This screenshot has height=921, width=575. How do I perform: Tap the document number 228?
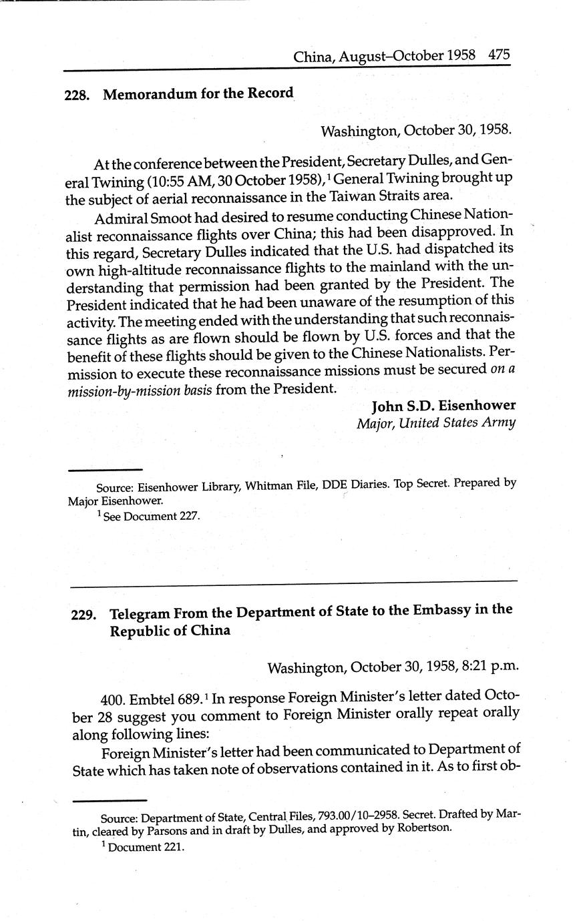(77, 95)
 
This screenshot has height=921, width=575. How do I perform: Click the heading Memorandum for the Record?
(198, 93)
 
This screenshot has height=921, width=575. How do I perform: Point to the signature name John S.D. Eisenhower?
(443, 406)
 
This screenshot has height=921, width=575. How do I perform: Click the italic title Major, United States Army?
(435, 422)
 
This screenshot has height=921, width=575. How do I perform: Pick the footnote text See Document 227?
(151, 516)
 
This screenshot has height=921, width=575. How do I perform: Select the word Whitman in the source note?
(269, 487)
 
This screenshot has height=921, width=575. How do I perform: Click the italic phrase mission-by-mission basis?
(140, 390)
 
